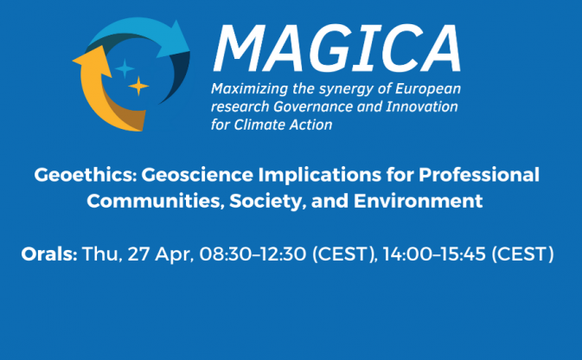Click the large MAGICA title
(337, 48)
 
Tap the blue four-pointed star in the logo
(125, 68)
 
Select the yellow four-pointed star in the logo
(138, 87)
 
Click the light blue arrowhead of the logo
(173, 40)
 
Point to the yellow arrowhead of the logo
(92, 61)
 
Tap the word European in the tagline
(427, 89)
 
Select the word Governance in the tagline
(313, 106)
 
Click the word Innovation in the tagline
(422, 106)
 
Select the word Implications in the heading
(320, 174)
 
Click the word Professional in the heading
(479, 174)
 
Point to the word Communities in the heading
(156, 201)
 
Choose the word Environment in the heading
(418, 201)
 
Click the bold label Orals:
(49, 254)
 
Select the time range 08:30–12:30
(253, 254)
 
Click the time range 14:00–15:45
(434, 254)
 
